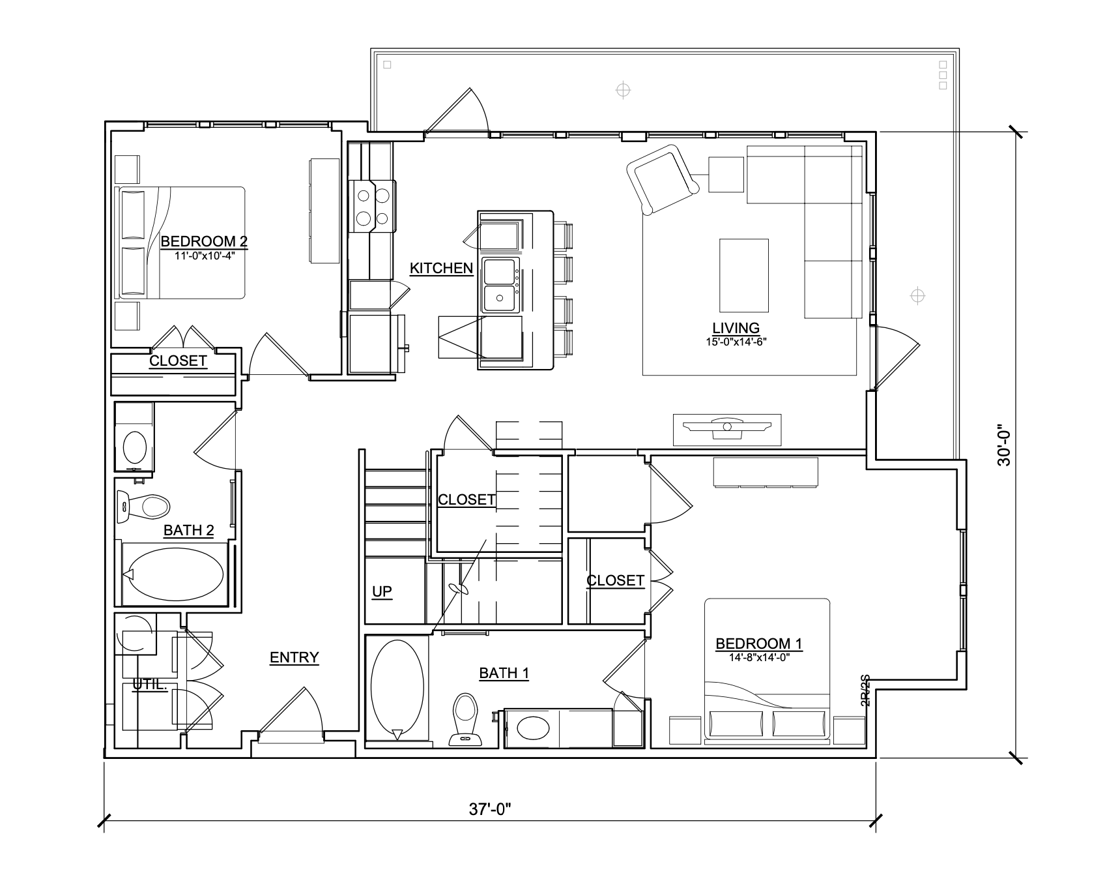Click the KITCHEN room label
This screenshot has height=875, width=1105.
tap(441, 268)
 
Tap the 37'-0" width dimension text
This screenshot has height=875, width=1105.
tap(489, 809)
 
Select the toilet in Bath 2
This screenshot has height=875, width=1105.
tap(147, 505)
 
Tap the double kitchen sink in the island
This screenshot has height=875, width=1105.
tap(500, 286)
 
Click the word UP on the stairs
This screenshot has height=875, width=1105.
tap(382, 591)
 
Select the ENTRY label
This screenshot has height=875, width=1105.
tap(294, 657)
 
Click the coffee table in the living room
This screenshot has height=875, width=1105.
tap(743, 275)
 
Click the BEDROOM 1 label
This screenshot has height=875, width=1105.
tap(759, 644)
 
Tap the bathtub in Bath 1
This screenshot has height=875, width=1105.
tap(397, 689)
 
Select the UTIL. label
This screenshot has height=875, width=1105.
tap(149, 685)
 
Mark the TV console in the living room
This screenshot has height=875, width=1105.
tap(726, 430)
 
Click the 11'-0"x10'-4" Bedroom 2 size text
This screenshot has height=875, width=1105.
tap(205, 256)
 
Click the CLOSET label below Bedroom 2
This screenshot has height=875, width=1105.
tap(178, 361)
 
